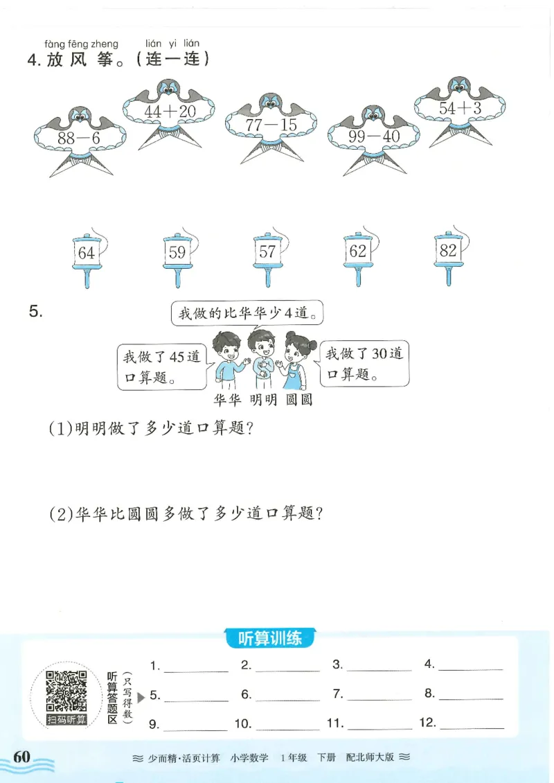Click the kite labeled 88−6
click(x=79, y=137)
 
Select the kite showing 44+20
click(x=170, y=111)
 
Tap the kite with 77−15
click(x=269, y=125)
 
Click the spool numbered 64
click(x=86, y=253)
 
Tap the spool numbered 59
click(x=177, y=253)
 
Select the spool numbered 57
click(x=267, y=253)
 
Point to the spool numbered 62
click(x=358, y=252)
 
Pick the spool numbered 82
click(x=448, y=252)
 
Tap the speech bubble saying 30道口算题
click(x=364, y=364)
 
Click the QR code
click(x=66, y=691)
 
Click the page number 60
click(x=22, y=756)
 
